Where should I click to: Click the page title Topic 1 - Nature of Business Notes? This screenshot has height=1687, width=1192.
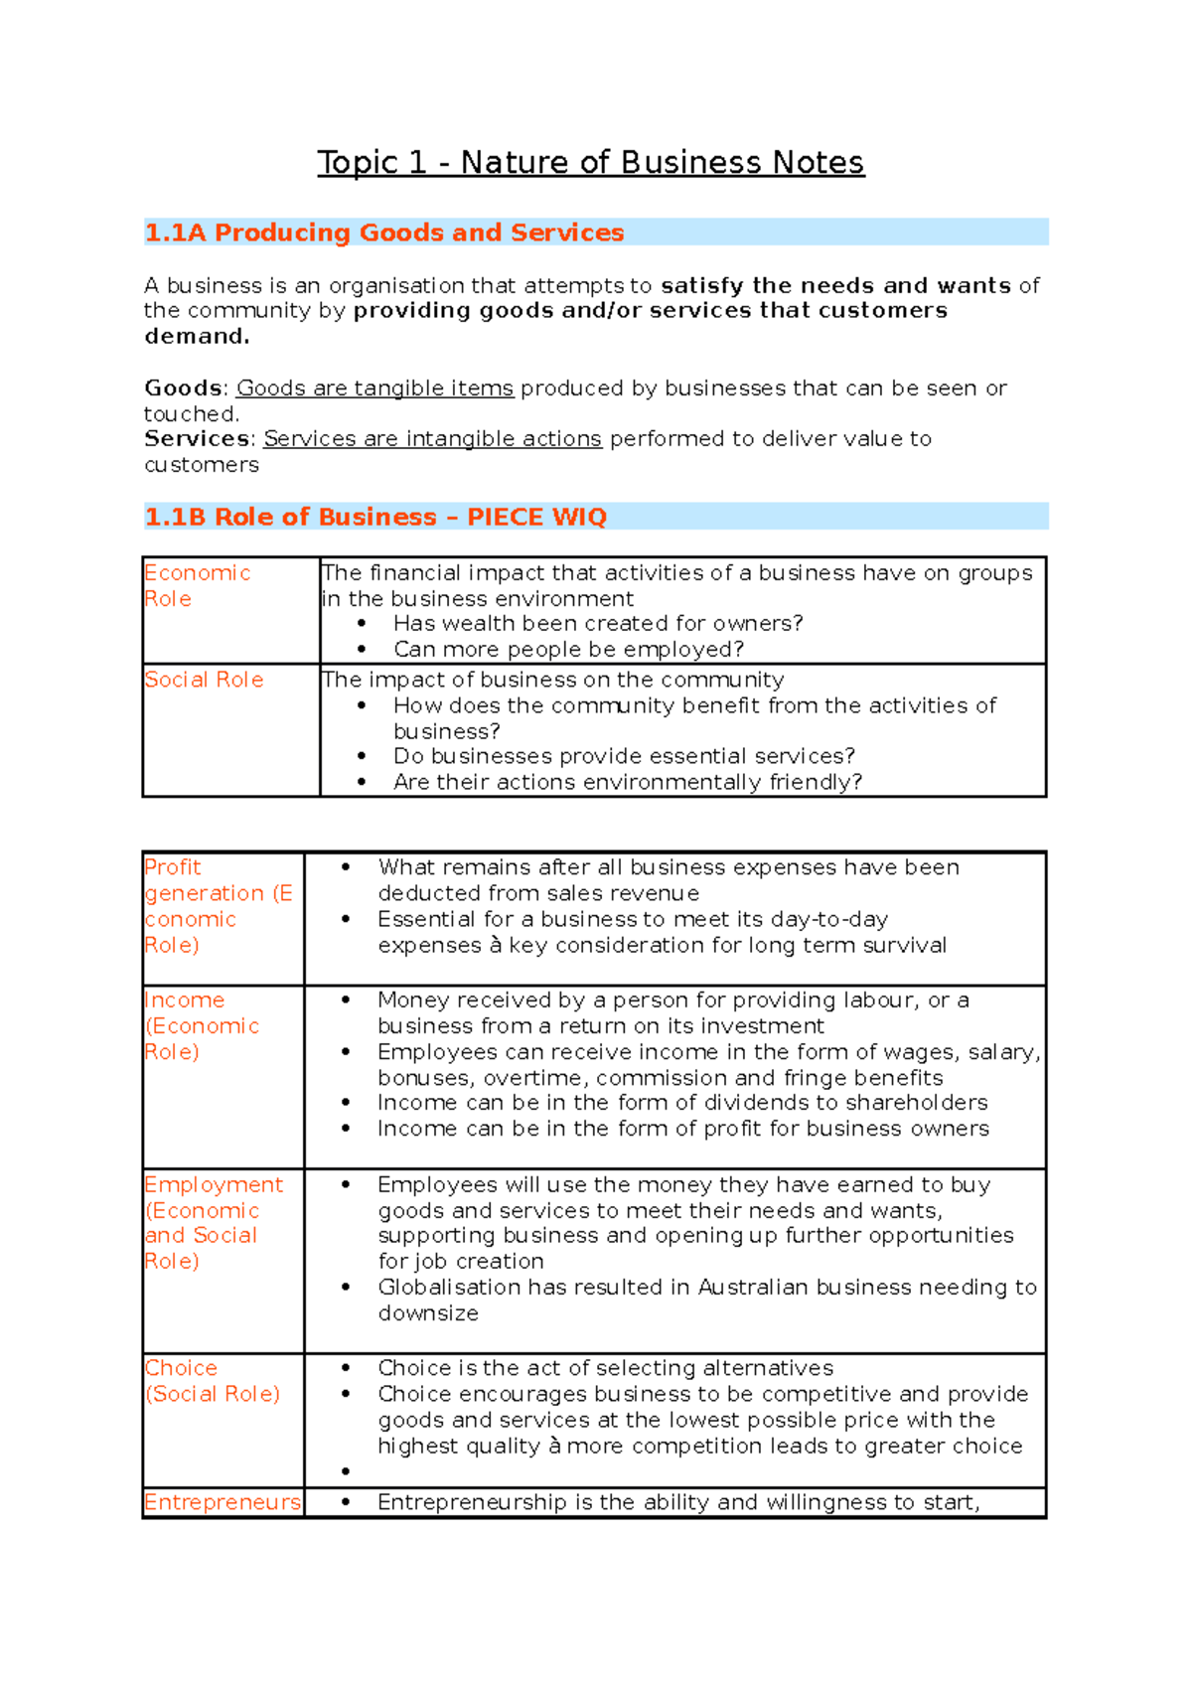coord(590,162)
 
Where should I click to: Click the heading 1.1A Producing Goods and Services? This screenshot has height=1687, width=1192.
coord(384,232)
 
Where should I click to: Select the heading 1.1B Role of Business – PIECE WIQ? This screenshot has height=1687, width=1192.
coord(375,517)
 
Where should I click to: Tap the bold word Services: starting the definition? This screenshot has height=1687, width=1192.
coord(200,439)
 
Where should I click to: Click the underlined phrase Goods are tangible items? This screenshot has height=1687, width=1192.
coord(374,388)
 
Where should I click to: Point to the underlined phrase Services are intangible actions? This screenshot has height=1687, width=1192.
coord(432,439)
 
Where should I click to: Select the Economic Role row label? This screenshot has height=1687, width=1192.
coord(197,585)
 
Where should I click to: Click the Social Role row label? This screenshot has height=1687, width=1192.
coord(204,680)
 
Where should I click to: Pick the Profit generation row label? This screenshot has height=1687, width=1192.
coord(218,905)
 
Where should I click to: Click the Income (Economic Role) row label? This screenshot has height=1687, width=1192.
coord(202,1025)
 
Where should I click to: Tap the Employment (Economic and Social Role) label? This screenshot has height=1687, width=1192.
coord(213,1222)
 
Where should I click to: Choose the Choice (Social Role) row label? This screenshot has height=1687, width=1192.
coord(212,1381)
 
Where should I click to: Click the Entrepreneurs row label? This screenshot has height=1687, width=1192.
coord(223,1502)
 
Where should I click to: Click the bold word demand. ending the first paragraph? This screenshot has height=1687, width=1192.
coord(197,337)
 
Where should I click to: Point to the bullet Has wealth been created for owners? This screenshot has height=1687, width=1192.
coord(597,624)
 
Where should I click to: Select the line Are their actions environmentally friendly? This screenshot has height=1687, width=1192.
coord(627,782)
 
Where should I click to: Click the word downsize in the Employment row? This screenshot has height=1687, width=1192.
coord(428,1313)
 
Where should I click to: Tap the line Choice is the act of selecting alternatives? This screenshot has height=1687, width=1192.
coord(605,1368)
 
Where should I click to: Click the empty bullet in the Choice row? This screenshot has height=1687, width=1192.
coord(346,1471)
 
